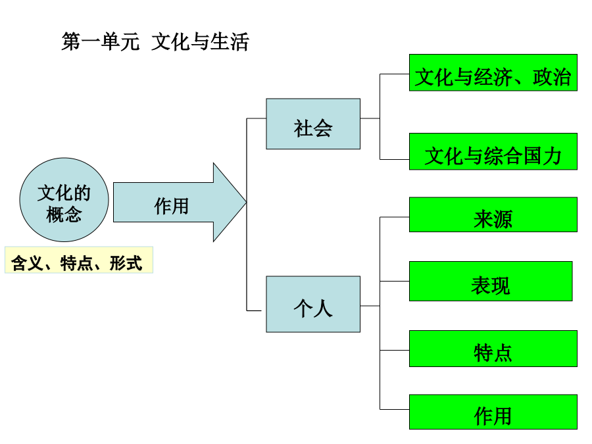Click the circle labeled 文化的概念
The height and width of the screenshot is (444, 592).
pyautogui.click(x=64, y=200)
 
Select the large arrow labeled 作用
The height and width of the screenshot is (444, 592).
pyautogui.click(x=180, y=203)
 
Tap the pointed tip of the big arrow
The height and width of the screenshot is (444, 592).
pyautogui.click(x=247, y=203)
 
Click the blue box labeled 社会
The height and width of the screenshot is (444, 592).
pyautogui.click(x=313, y=124)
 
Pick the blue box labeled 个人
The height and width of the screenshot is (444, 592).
pyautogui.click(x=313, y=305)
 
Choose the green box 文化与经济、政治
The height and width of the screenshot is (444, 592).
pyautogui.click(x=493, y=72)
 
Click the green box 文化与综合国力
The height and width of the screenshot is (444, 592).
pyautogui.click(x=493, y=151)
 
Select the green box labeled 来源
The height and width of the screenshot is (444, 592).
pyautogui.click(x=493, y=214)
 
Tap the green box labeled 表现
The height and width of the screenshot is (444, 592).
pyautogui.click(x=491, y=282)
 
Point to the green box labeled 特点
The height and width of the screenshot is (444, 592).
pyautogui.click(x=493, y=349)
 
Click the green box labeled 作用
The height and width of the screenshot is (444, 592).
pyautogui.click(x=493, y=412)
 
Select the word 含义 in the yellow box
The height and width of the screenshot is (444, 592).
pyautogui.click(x=27, y=263)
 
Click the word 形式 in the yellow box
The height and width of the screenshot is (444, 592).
pyautogui.click(x=126, y=263)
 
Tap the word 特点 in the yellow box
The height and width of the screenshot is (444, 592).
pyautogui.click(x=76, y=263)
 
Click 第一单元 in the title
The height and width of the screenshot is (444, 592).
pyautogui.click(x=101, y=41)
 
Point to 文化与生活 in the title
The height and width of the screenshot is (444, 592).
pyautogui.click(x=200, y=41)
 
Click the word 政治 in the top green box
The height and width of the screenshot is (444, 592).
pyautogui.click(x=552, y=77)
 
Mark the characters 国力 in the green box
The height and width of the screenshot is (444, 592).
pyautogui.click(x=543, y=156)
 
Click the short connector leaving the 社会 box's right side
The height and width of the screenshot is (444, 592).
pyautogui.click(x=370, y=118)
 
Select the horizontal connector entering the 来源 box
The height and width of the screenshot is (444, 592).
pyautogui.click(x=395, y=217)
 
